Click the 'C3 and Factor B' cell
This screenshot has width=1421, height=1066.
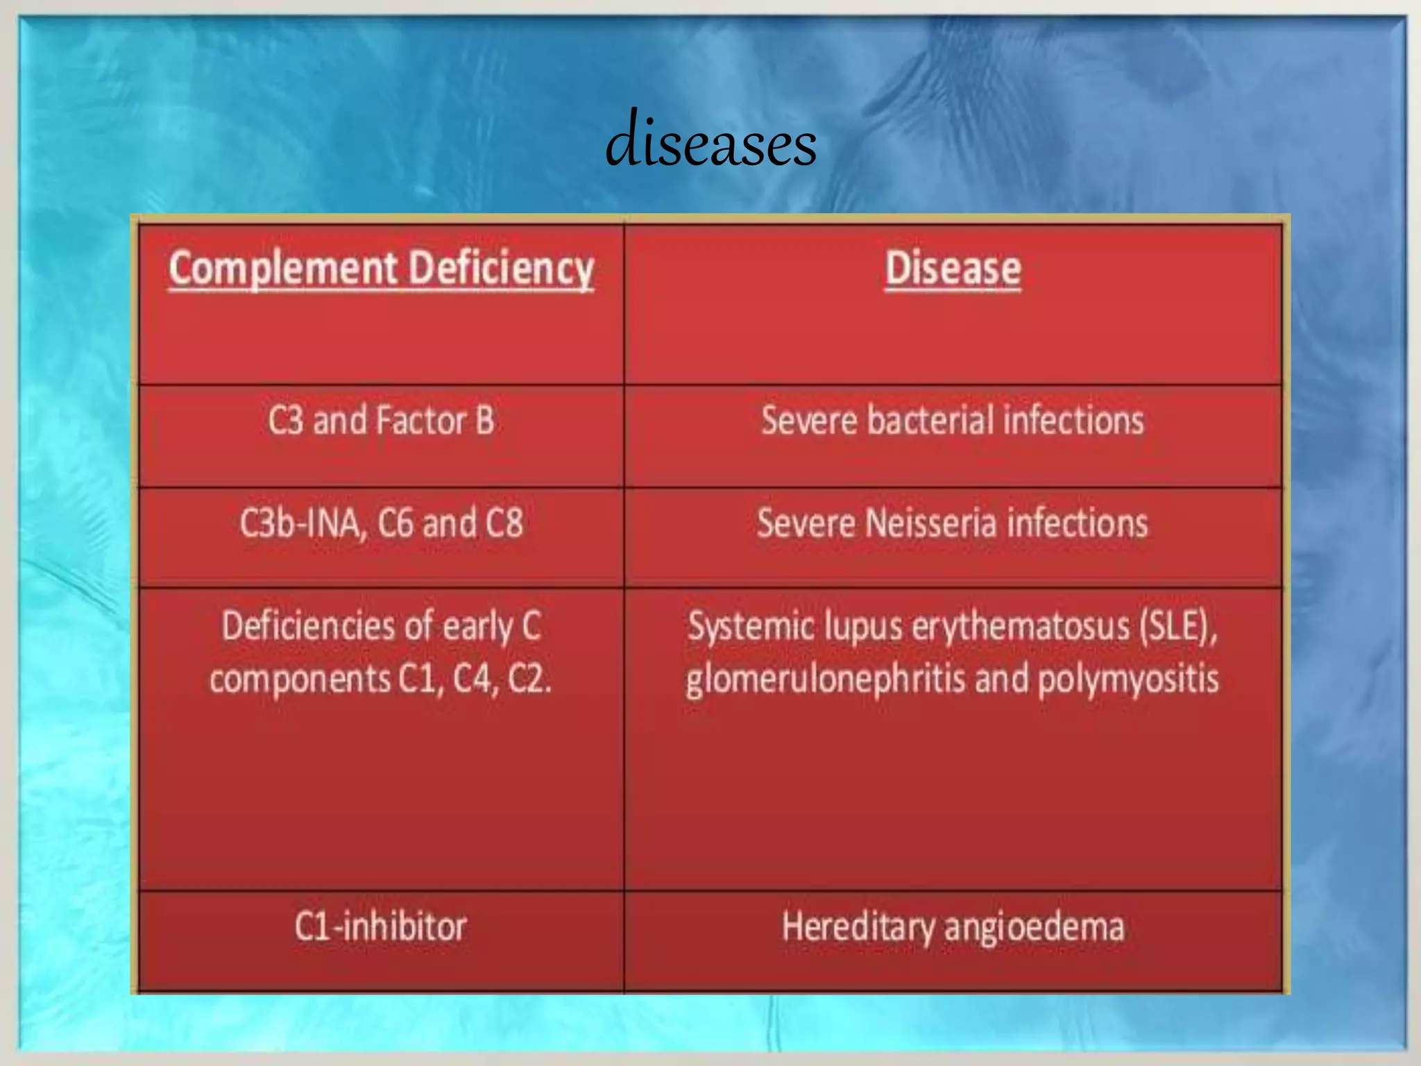point(381,421)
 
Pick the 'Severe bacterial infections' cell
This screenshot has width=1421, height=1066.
point(953,421)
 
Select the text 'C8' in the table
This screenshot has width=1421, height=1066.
point(504,523)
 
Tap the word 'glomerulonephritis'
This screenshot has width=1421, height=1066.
point(826,679)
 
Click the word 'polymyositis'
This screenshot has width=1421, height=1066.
point(1128,679)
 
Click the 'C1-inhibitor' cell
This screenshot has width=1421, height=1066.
point(381,927)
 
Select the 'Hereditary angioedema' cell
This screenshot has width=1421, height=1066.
point(953,927)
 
